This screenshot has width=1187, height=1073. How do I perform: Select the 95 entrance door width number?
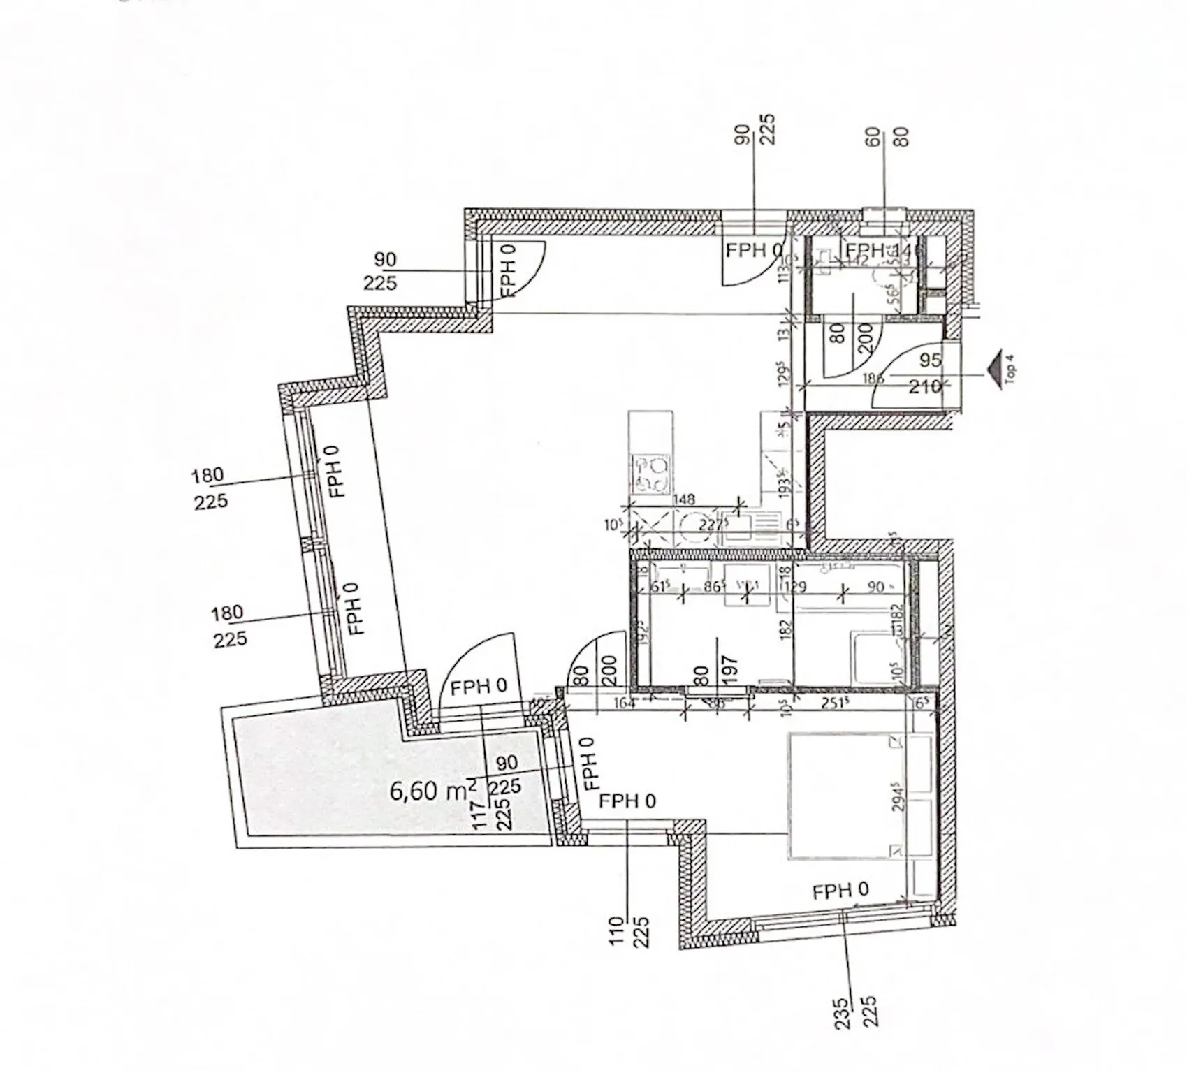tap(931, 360)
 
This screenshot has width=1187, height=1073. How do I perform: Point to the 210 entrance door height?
tap(924, 386)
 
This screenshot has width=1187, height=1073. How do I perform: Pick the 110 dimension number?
tap(616, 932)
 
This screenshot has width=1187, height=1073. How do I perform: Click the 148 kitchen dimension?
tap(685, 499)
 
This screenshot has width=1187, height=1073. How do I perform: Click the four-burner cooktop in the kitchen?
tap(650, 474)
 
